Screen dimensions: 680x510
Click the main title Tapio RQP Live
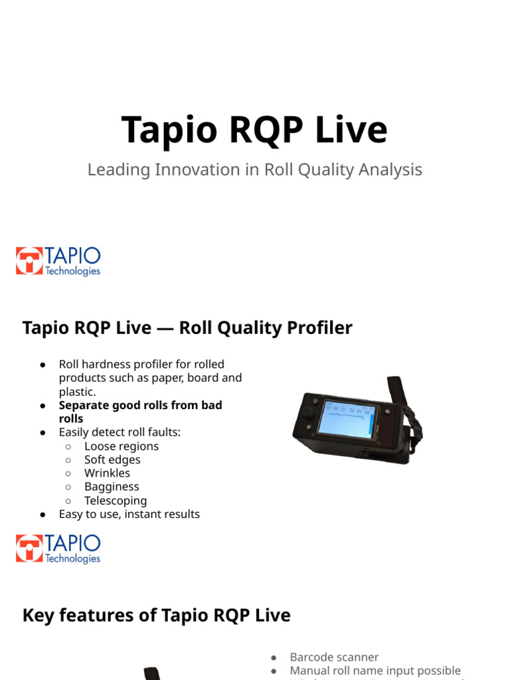pos(254,129)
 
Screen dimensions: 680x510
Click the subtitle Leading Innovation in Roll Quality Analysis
pos(254,170)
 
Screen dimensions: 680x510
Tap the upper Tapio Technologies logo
pos(58,261)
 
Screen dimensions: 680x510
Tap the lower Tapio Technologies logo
pos(58,549)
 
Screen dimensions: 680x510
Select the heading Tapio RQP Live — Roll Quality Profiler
pos(187,328)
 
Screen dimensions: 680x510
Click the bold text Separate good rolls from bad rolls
pos(140,412)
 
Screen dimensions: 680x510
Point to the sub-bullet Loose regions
pos(121,446)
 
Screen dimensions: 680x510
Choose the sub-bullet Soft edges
pos(112,460)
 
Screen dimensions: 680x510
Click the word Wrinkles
pos(107,473)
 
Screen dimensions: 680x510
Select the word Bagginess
pos(112,487)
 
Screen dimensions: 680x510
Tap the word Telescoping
pos(116,501)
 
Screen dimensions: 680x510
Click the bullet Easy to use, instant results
pos(129,514)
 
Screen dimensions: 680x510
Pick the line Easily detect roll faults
pos(120,432)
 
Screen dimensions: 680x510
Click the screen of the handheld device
pos(347,421)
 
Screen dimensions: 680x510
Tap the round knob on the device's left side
pos(307,413)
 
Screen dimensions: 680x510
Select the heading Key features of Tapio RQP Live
pos(156,616)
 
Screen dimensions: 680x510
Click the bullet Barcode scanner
pos(334,657)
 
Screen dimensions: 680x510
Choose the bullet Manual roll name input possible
pos(375,671)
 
